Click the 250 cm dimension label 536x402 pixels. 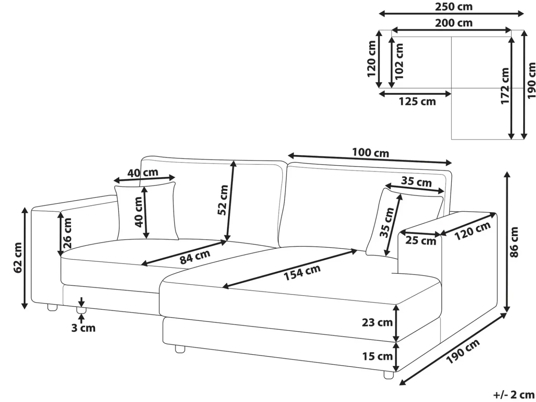pyautogui.click(x=454, y=7)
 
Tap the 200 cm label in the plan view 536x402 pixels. pyautogui.click(x=454, y=23)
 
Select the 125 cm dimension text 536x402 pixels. pyautogui.click(x=417, y=102)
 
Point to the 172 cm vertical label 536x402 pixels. pyautogui.click(x=505, y=86)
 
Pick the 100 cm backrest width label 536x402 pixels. pyautogui.click(x=370, y=153)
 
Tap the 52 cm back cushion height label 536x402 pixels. pyautogui.click(x=223, y=200)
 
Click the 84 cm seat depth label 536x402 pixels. pyautogui.click(x=195, y=257)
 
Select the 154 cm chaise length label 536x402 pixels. pyautogui.click(x=302, y=272)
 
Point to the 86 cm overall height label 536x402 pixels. pyautogui.click(x=514, y=242)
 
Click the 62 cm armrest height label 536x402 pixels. pyautogui.click(x=18, y=258)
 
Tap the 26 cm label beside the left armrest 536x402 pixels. pyautogui.click(x=67, y=233)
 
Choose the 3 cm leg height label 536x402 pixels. pyautogui.click(x=83, y=328)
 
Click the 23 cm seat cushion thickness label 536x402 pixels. pyautogui.click(x=377, y=323)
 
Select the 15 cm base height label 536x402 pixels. pyautogui.click(x=377, y=356)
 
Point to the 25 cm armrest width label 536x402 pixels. pyautogui.click(x=420, y=241)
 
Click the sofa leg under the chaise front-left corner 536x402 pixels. pyautogui.click(x=180, y=349)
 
